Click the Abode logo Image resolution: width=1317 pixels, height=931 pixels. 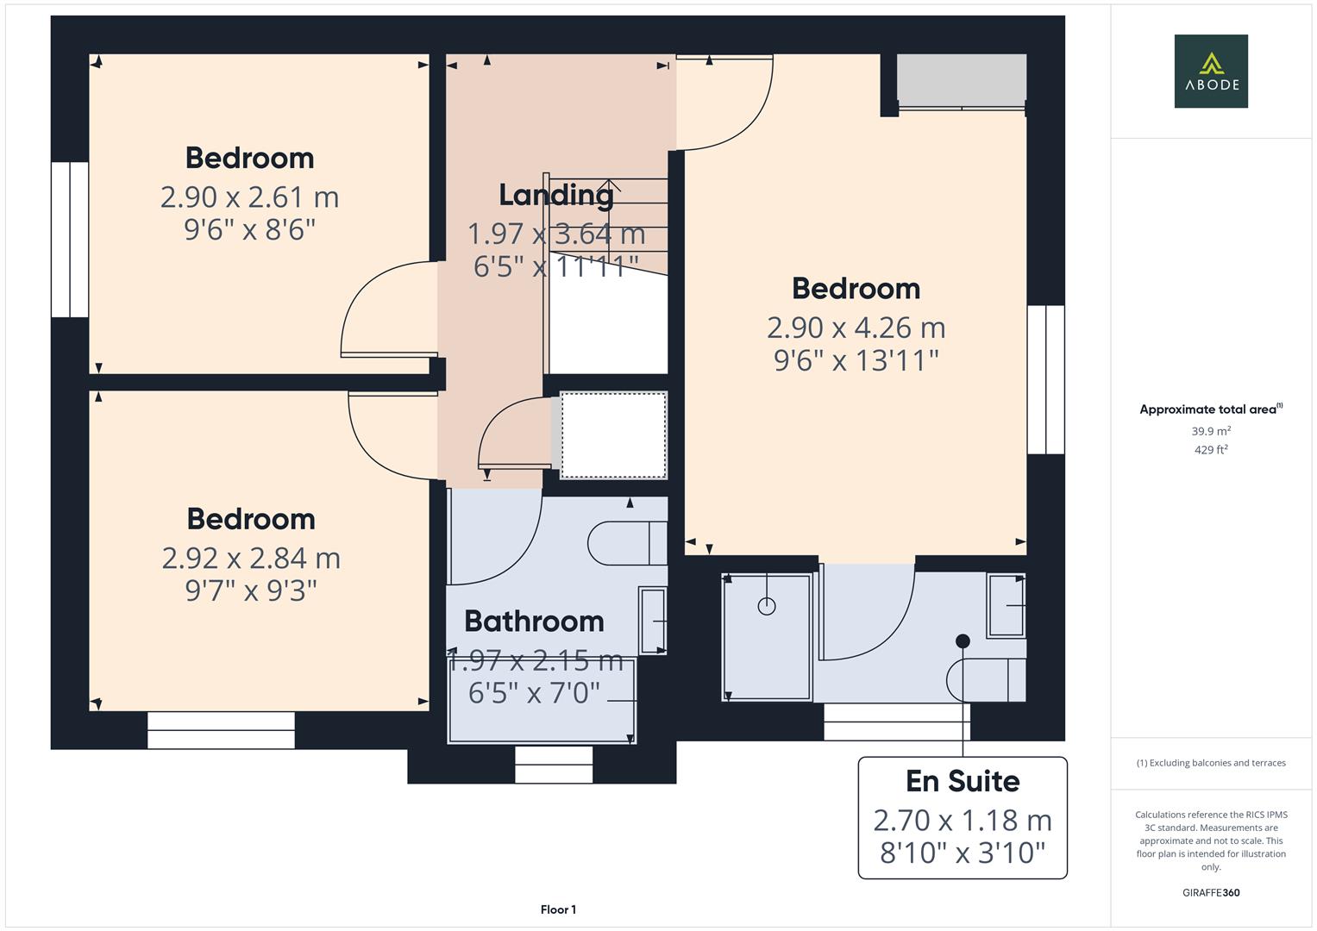click(x=1210, y=71)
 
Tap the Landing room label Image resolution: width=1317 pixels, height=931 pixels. click(x=556, y=195)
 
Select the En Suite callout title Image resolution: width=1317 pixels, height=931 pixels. click(x=963, y=781)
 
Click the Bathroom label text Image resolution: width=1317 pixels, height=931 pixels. click(x=534, y=621)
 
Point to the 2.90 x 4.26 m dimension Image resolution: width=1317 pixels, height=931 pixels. click(x=856, y=328)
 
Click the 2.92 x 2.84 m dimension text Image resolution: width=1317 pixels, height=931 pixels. click(x=251, y=559)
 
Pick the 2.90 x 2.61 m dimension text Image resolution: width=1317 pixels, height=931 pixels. click(x=249, y=197)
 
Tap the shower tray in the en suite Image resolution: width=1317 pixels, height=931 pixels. click(x=767, y=636)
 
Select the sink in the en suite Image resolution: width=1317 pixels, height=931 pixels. click(x=1006, y=605)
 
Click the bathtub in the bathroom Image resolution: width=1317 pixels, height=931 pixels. click(x=542, y=700)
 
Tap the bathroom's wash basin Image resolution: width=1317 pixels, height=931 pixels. click(x=652, y=621)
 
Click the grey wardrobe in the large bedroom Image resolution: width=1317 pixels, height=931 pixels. click(x=962, y=78)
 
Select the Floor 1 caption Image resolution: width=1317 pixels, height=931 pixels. click(x=558, y=909)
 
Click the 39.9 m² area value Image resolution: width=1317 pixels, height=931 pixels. click(x=1210, y=431)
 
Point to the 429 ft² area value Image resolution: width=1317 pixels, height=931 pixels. click(x=1210, y=449)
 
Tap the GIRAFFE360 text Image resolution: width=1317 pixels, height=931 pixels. click(x=1210, y=892)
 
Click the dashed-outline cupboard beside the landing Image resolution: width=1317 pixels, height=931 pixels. click(x=613, y=435)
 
